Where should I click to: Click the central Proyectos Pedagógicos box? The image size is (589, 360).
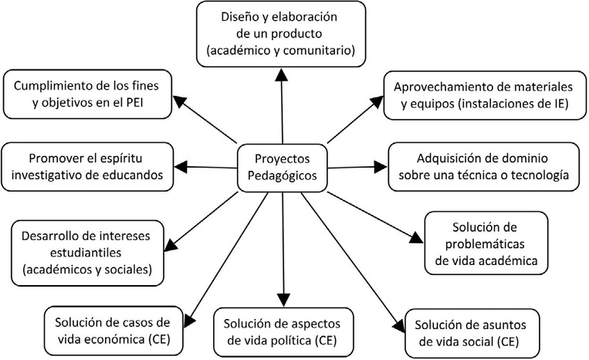pyautogui.click(x=282, y=167)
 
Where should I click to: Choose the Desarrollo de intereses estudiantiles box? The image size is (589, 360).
pyautogui.click(x=86, y=250)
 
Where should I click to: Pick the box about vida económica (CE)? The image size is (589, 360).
pyautogui.click(x=107, y=329)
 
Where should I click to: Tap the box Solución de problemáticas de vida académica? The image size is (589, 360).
pyautogui.click(x=486, y=243)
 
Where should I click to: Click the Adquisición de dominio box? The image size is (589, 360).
pyautogui.click(x=483, y=166)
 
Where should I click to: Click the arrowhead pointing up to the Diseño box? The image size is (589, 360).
pyautogui.click(x=282, y=73)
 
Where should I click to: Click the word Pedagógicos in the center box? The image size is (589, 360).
pyautogui.click(x=282, y=176)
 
